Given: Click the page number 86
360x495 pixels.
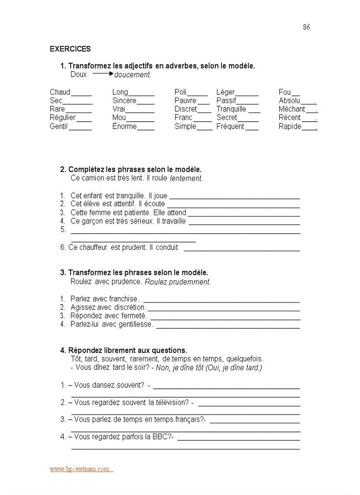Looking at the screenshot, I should (306, 27).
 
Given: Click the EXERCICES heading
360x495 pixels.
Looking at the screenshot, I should (70, 49).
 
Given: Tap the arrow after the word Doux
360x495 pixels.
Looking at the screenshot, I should (103, 74).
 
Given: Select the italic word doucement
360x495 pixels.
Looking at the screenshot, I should (132, 75).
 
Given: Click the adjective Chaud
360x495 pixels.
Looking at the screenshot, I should (60, 92).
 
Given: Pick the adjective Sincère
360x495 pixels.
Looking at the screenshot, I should (124, 100).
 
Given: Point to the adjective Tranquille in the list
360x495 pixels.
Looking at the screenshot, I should (231, 109).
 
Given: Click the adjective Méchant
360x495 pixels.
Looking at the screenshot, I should (292, 109).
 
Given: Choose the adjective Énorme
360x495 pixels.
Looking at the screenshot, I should (124, 127).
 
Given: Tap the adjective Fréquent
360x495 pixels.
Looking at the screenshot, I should (230, 127).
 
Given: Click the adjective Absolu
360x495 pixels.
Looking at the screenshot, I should (289, 100).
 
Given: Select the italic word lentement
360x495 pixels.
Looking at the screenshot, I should (186, 179).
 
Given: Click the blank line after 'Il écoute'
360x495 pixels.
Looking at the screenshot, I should (233, 205).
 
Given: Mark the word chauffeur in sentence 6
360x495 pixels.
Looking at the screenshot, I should (94, 248).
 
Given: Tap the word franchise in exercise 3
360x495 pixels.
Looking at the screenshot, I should (124, 299).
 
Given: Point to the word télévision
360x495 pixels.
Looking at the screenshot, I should (168, 402).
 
